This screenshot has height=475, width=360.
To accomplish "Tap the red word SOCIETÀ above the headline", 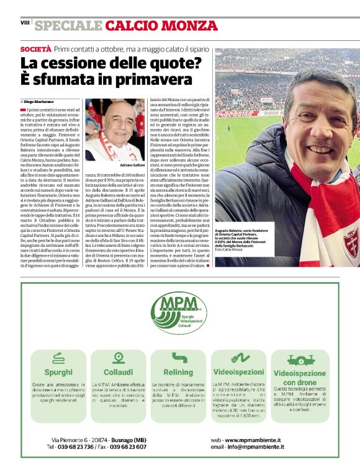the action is pyautogui.click(x=35, y=48).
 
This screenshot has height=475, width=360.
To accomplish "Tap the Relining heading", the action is pyautogui.click(x=179, y=371).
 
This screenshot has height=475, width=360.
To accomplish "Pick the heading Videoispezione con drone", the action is pyautogui.click(x=300, y=378).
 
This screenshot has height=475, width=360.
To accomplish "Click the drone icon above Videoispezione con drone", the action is pyautogui.click(x=300, y=358).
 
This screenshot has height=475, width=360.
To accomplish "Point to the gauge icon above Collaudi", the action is pyautogui.click(x=118, y=357).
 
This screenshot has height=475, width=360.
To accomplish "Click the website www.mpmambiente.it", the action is pyautogui.click(x=254, y=438).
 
